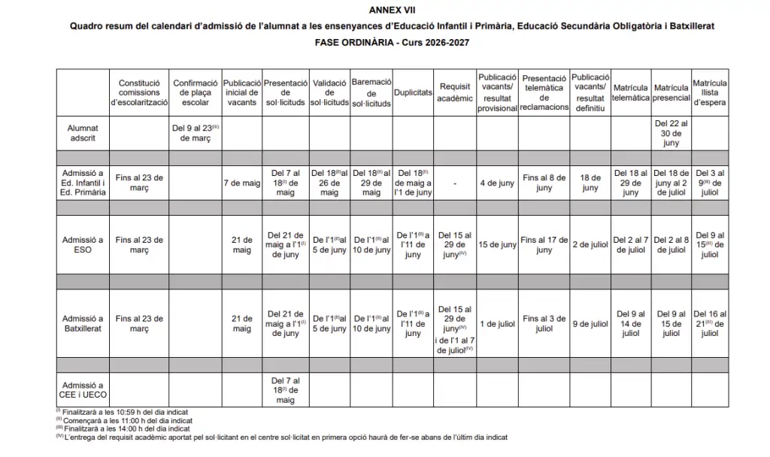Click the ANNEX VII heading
pos(392,10)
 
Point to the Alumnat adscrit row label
pos(83,133)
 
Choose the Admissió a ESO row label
pos(83,244)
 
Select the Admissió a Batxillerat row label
pos(83,323)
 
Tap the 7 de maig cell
pos(241,183)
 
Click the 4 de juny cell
pos(496,183)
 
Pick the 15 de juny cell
pos(496,244)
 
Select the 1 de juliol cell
pos(496,323)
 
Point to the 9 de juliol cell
pos(590,323)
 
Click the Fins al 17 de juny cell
pos(544,244)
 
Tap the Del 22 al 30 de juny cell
pos(671,132)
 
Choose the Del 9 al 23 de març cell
pos(196,132)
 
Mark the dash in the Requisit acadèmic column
pos(455,183)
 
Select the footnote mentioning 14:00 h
pos(123,428)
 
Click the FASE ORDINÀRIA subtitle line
pos(392,42)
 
